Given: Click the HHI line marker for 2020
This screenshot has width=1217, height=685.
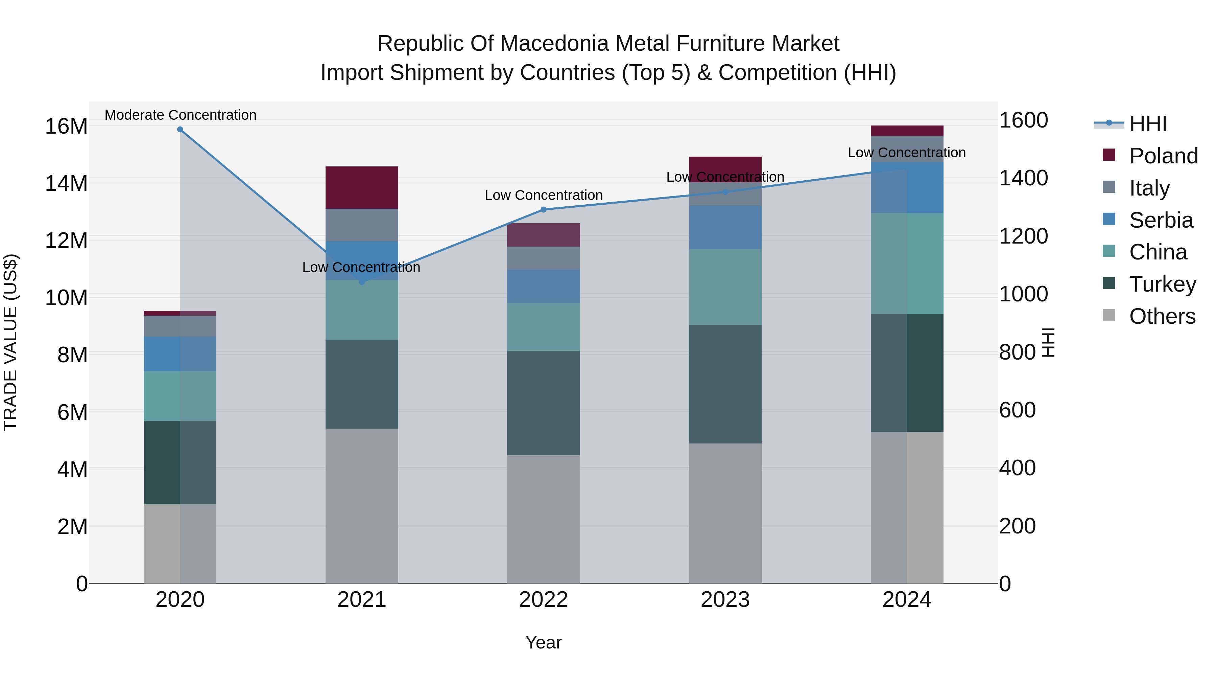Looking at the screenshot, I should pos(180,130).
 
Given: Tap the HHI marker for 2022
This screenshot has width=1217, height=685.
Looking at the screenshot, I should pos(543,209).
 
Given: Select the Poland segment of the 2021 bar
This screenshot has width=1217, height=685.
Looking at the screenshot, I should pos(362,188).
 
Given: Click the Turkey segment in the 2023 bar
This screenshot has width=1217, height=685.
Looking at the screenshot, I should pos(725,384).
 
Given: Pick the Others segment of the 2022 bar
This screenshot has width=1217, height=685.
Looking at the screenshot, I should pos(543,519).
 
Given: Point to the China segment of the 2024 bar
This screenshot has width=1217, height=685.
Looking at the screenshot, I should pos(907,263).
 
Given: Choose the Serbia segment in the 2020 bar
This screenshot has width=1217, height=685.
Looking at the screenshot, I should pos(180,353).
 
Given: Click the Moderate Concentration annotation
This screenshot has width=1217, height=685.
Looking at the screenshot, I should pos(181,115).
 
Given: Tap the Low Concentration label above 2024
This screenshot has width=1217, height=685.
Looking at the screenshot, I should pos(907,153).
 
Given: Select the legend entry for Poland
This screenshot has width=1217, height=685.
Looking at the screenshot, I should pos(1163,156).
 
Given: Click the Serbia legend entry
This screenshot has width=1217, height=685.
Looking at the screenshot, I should pos(1161,220).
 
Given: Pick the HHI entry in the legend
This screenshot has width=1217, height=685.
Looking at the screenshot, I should pos(1148,124).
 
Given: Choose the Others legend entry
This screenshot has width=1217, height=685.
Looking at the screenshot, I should pos(1162,316).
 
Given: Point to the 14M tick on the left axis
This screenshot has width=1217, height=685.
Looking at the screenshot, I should pos(66,183).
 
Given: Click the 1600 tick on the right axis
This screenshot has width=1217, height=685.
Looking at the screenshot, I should pos(1023,120).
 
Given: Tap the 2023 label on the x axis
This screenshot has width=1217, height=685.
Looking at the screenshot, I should pos(725,600).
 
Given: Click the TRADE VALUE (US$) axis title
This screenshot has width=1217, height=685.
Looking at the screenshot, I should pos(10,342).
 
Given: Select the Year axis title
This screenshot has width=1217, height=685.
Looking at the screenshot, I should pos(543,642).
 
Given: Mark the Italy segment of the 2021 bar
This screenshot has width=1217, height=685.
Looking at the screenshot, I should pos(362,225).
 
